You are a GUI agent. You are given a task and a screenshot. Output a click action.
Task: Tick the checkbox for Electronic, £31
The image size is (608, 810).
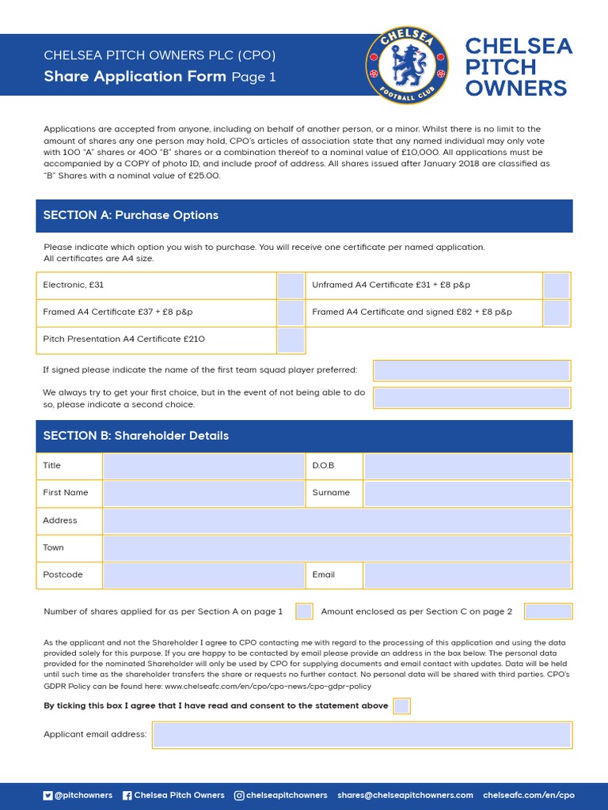coord(291,286)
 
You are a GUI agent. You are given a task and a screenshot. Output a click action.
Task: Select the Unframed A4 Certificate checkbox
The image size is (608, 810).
coord(557,286)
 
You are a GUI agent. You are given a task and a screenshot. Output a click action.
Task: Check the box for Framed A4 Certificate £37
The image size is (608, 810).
coord(291,312)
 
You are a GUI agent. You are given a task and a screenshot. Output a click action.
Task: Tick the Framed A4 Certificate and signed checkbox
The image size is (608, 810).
coord(557,312)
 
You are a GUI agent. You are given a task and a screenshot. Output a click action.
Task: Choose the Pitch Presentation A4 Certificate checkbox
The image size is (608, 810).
coord(291,340)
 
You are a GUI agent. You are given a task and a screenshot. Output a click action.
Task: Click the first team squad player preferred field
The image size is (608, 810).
coord(472,370)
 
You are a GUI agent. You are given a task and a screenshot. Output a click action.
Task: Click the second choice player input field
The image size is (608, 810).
coord(472,398)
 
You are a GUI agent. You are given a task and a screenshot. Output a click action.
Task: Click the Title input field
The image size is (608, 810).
coord(203,466)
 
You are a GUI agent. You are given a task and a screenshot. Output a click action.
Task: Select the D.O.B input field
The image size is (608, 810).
coord(467,466)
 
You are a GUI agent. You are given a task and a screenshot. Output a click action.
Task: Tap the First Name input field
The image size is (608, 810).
coord(203,493)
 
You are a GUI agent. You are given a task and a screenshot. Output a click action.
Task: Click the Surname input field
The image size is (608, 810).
coord(467,493)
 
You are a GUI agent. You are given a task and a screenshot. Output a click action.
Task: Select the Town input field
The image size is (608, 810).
coord(336,548)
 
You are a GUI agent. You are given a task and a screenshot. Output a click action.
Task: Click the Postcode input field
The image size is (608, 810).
coord(203,575)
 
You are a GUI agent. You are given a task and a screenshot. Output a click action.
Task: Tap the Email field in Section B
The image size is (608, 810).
coord(467,575)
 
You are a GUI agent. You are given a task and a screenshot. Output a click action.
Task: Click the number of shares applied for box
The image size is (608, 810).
coord(304,611)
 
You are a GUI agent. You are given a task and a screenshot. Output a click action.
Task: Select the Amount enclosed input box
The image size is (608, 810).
coord(548,611)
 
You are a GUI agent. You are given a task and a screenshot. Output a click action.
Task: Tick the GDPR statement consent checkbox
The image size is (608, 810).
coord(402,706)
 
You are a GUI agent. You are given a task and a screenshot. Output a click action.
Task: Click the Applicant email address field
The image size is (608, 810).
coord(362,735)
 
